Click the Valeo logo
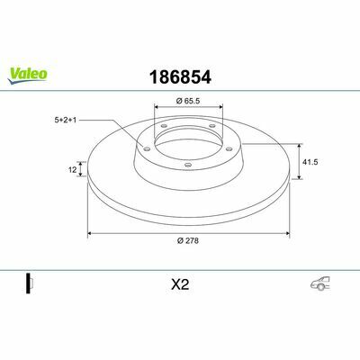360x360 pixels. pyautogui.click(x=27, y=75)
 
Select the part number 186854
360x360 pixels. pyautogui.click(x=180, y=77)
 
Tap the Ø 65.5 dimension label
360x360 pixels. pyautogui.click(x=188, y=101)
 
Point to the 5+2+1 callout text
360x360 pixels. pyautogui.click(x=66, y=120)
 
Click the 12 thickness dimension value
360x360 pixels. pyautogui.click(x=72, y=170)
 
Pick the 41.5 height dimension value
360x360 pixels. pyautogui.click(x=310, y=162)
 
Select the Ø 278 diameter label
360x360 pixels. pyautogui.click(x=188, y=240)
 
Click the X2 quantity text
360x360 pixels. pyautogui.click(x=180, y=284)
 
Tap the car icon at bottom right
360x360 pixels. pyautogui.click(x=320, y=283)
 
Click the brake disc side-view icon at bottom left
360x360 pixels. pyautogui.click(x=30, y=283)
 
